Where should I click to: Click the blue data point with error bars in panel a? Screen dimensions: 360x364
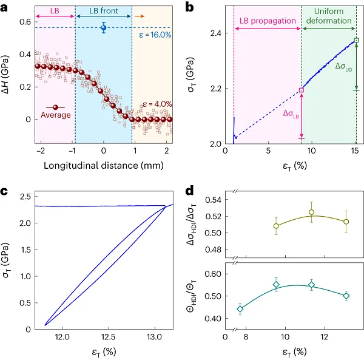point(103,27)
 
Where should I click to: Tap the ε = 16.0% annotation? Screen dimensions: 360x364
point(151,36)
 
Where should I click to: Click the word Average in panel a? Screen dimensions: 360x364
point(55,115)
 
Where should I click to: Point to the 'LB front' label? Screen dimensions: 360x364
point(104,10)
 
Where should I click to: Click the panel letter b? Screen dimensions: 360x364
point(189,7)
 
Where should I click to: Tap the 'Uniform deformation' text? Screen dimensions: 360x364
point(329,15)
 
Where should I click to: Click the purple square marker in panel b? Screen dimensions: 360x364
point(302,90)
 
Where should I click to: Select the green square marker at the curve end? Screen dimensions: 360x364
point(356,41)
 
